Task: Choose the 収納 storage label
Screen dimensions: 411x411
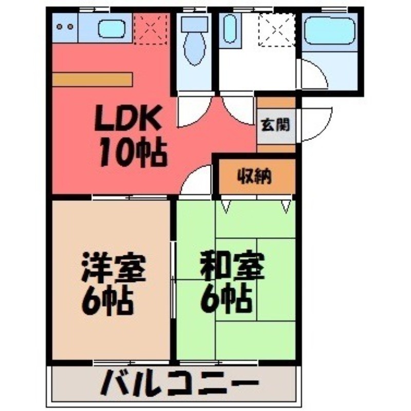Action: coord(255,177)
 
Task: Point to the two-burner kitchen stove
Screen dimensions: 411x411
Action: coord(64,26)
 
